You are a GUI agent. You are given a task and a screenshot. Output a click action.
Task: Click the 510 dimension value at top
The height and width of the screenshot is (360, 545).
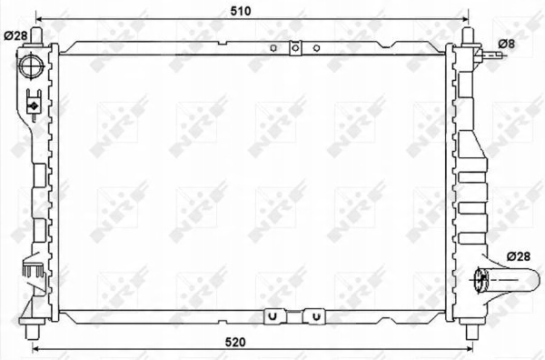(x=241, y=11)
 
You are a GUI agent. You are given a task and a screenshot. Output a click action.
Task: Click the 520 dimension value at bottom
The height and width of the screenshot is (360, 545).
(x=235, y=342)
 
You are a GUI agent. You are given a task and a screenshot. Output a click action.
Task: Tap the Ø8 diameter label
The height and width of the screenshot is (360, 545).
(x=507, y=44)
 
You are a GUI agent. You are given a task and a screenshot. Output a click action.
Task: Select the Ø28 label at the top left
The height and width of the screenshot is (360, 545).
(x=15, y=35)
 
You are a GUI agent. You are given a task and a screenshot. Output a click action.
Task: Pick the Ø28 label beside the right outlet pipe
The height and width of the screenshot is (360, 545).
(x=519, y=256)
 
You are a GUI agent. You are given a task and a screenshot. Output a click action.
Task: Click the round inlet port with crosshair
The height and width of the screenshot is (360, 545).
(x=32, y=66)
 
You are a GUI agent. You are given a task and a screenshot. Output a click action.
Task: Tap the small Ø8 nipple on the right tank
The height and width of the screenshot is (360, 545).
(x=490, y=55)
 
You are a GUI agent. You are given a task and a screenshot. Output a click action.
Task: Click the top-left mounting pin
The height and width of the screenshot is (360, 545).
(x=36, y=35)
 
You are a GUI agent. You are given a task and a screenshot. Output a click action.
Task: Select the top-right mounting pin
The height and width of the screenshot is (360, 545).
(x=468, y=36)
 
